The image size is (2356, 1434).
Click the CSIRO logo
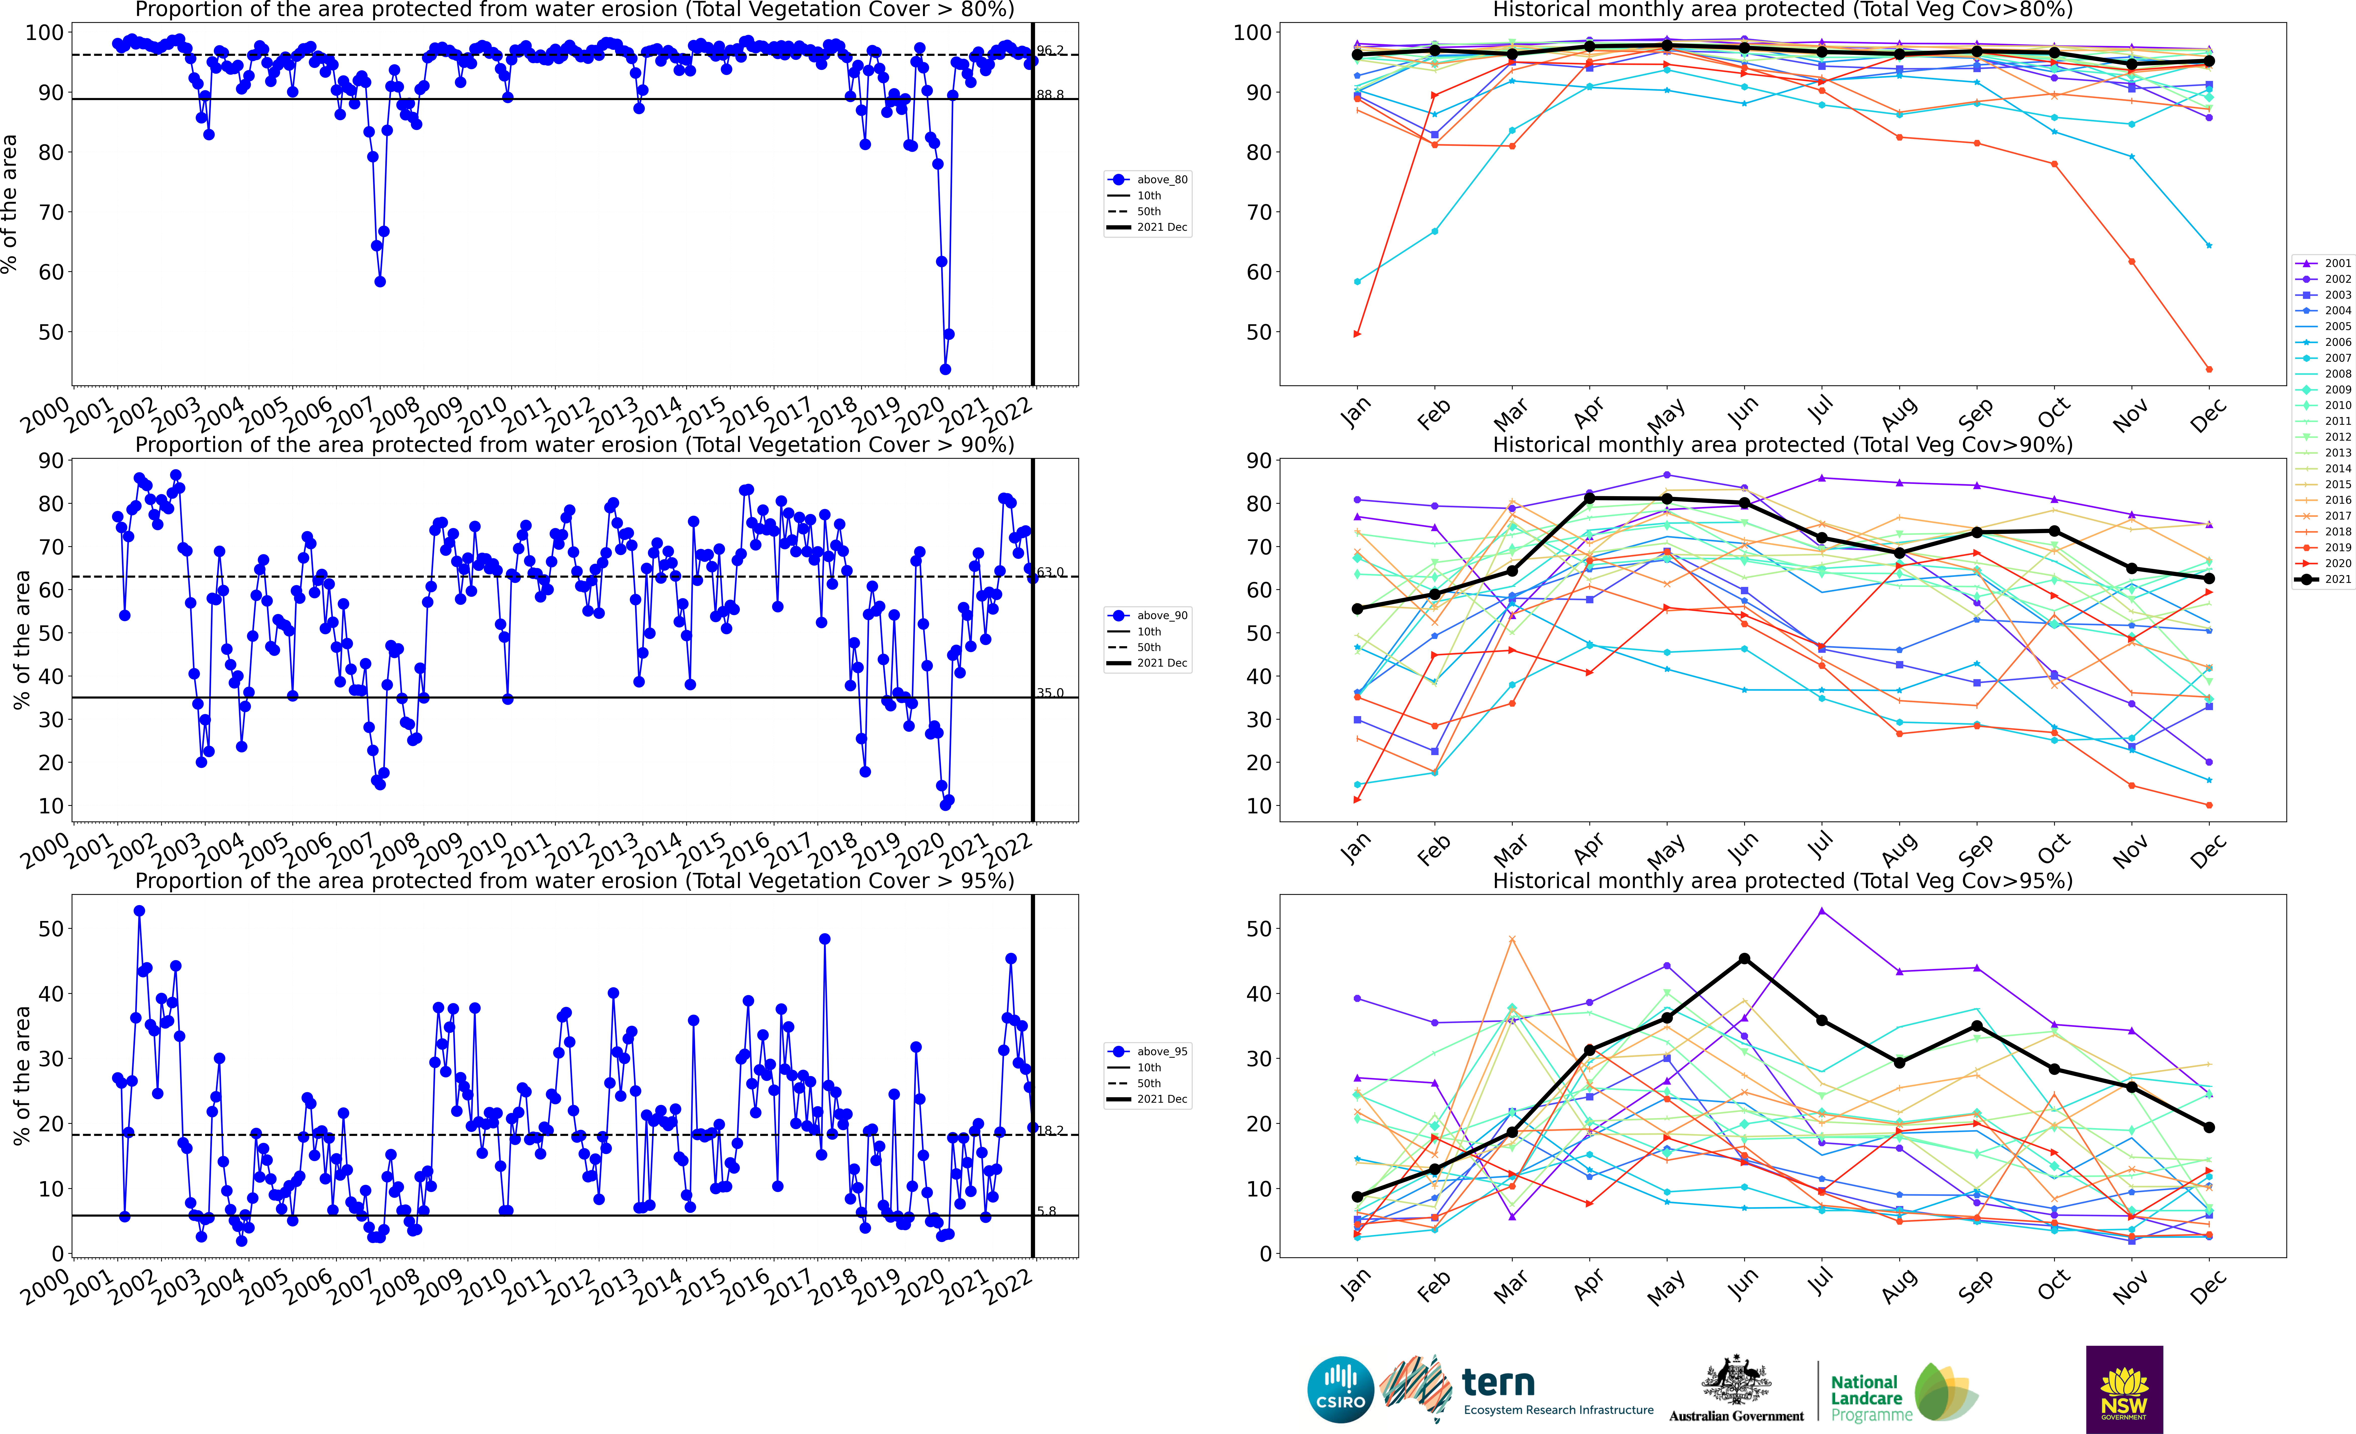click(x=1339, y=1389)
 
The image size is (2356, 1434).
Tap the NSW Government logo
click(x=2124, y=1389)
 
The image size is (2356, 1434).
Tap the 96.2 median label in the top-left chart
click(x=1049, y=50)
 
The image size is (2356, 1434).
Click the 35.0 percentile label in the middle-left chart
click(x=1049, y=693)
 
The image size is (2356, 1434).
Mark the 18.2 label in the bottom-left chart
click(x=1049, y=1130)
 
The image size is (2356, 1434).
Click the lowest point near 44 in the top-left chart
click(x=945, y=369)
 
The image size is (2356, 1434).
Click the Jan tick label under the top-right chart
click(x=1355, y=413)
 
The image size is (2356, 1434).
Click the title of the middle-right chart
click(x=1782, y=445)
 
